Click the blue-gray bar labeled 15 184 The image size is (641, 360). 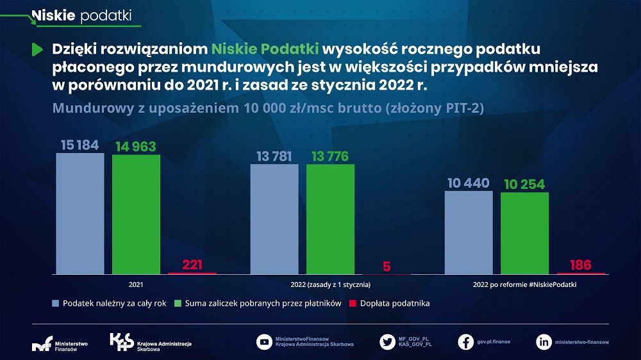[x=79, y=213]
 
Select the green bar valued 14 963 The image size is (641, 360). [x=136, y=214]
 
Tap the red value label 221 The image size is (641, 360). [x=192, y=265]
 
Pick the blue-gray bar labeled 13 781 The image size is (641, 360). [x=274, y=219]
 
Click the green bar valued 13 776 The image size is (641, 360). [x=330, y=219]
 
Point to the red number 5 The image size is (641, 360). [x=387, y=266]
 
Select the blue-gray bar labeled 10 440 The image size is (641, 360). [x=469, y=232]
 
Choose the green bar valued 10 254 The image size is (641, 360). [x=524, y=233]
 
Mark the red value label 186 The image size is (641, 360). [x=581, y=265]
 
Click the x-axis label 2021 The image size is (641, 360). [x=136, y=284]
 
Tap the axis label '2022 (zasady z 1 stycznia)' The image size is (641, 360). [x=330, y=284]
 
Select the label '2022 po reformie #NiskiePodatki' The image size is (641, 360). [x=525, y=284]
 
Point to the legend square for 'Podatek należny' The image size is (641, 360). [x=56, y=303]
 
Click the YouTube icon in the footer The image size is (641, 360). [x=264, y=342]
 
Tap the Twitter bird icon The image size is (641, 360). [x=387, y=342]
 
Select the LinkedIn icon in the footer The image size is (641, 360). [x=544, y=342]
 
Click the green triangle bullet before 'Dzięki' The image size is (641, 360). [x=37, y=49]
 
